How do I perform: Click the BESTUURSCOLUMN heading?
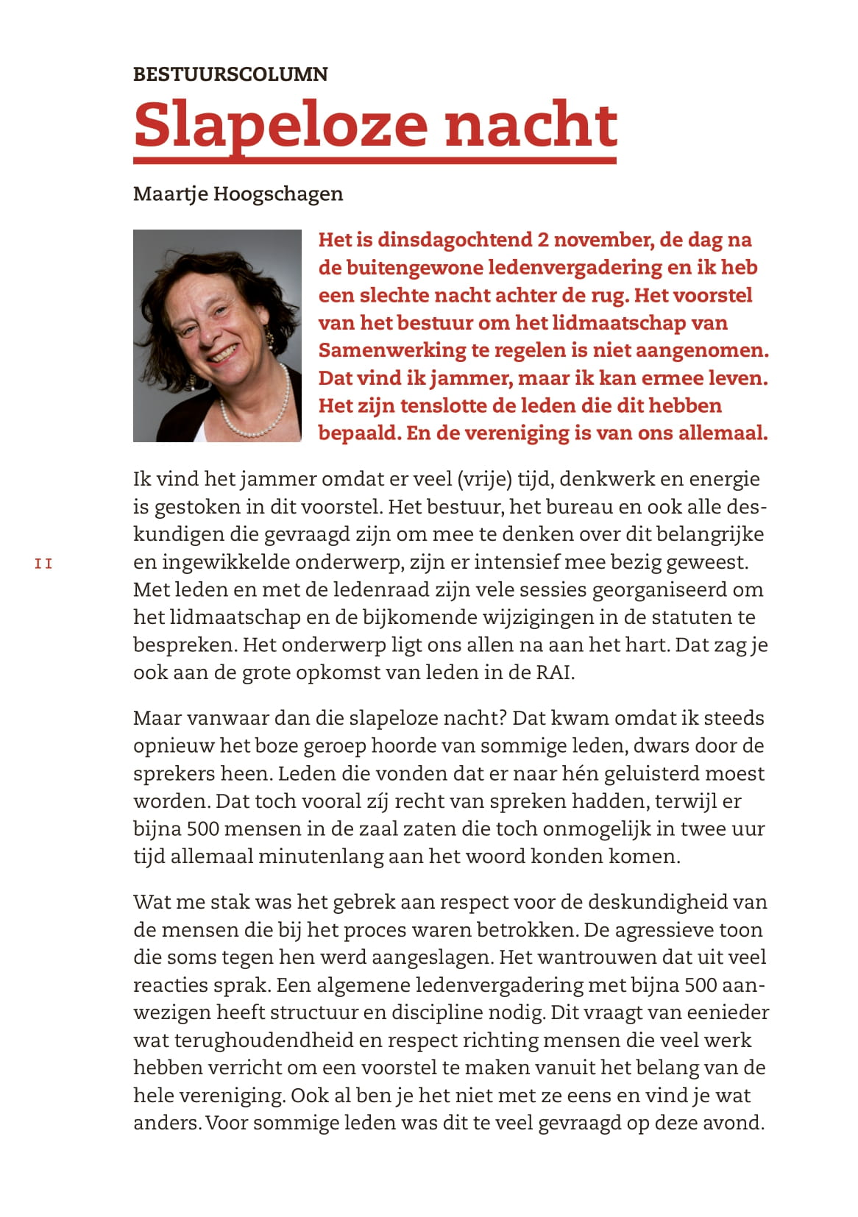pyautogui.click(x=230, y=74)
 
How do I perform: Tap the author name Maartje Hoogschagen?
pyautogui.click(x=238, y=194)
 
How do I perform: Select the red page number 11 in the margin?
pyautogui.click(x=43, y=564)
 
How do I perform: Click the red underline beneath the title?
pyautogui.click(x=375, y=160)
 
